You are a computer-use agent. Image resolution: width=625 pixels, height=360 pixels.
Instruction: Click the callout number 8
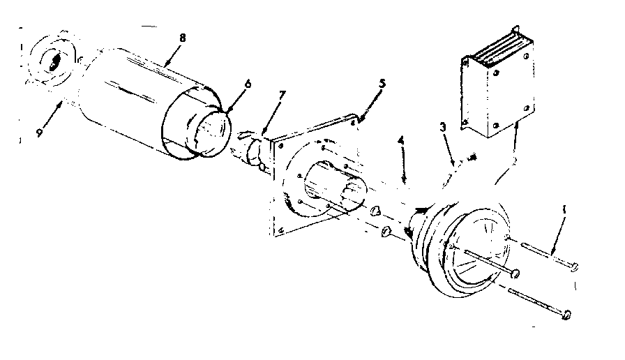[x=182, y=38]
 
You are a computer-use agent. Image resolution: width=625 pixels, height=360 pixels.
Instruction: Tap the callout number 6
[x=247, y=84]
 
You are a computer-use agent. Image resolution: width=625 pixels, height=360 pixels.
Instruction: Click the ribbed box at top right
[x=497, y=91]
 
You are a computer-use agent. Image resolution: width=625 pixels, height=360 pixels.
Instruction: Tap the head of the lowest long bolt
[x=566, y=315]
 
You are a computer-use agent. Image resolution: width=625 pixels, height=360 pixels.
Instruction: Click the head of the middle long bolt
[x=515, y=271]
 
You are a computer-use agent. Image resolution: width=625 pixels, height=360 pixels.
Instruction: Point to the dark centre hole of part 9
[x=53, y=61]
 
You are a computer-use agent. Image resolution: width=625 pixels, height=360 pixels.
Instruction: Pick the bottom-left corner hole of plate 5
[x=280, y=229]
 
